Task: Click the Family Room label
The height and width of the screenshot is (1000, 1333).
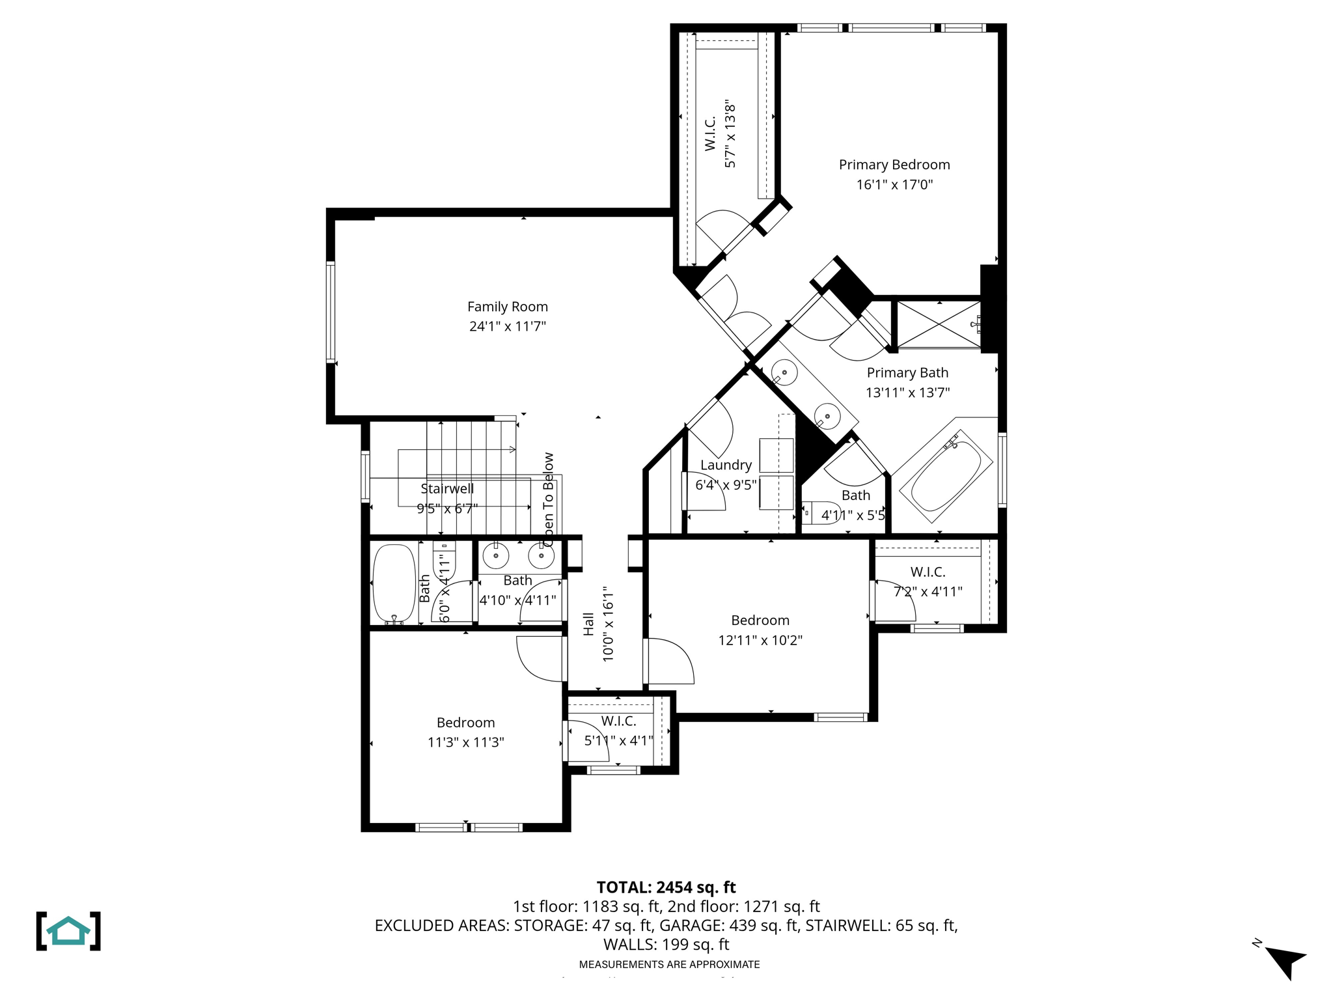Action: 507,307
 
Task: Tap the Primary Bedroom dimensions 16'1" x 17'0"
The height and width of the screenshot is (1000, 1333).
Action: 894,185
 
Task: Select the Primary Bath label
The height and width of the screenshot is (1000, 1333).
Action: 907,373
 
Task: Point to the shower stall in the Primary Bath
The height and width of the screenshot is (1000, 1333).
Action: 938,325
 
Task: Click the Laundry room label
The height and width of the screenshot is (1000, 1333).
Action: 726,465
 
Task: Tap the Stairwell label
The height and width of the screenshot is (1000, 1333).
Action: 447,489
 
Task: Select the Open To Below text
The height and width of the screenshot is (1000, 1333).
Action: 548,499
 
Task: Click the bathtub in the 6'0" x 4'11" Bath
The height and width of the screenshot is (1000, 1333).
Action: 394,584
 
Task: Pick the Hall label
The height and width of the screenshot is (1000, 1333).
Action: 588,624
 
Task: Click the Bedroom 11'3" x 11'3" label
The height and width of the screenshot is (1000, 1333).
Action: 465,723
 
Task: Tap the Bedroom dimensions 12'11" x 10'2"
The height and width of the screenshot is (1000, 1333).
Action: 760,641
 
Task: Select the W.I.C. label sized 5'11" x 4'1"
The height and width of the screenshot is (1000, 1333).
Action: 618,721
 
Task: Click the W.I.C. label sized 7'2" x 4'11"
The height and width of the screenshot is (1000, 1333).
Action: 928,572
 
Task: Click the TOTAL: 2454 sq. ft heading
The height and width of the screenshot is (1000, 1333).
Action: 666,887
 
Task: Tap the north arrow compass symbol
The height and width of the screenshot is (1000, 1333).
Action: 1284,961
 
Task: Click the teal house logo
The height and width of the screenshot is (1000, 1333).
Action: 68,931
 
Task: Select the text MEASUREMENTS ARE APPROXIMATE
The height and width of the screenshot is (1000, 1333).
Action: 669,964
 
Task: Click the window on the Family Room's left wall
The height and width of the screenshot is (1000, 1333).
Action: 331,312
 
